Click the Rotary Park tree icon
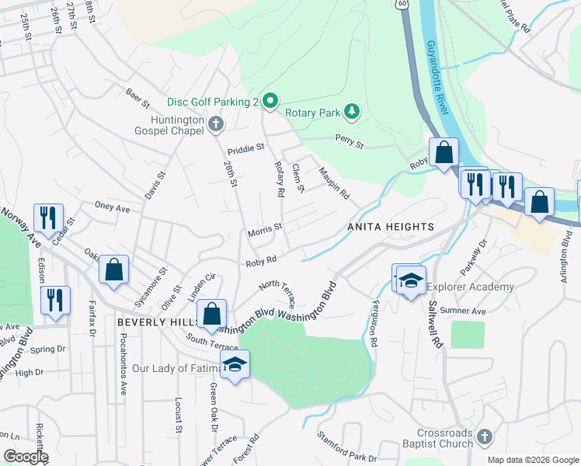pyautogui.click(x=352, y=113)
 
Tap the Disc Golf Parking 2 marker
pyautogui.click(x=270, y=101)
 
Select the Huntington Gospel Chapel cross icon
pyautogui.click(x=215, y=123)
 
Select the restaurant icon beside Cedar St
pyautogui.click(x=48, y=217)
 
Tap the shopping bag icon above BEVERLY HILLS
pyautogui.click(x=211, y=315)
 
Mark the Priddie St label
pyautogui.click(x=246, y=148)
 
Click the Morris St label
pyautogui.click(x=264, y=230)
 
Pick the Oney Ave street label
pyautogui.click(x=112, y=208)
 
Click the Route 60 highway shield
pyautogui.click(x=400, y=4)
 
